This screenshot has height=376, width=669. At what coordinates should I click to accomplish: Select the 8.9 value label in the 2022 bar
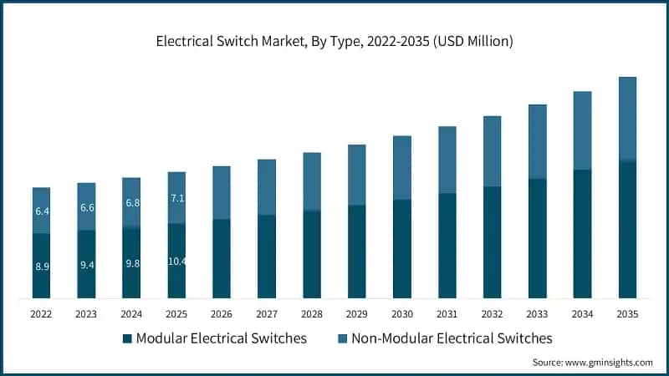click(x=41, y=267)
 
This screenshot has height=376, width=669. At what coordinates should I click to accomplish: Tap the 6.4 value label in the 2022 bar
click(x=41, y=211)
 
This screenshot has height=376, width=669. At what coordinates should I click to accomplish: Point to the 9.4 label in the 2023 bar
click(x=86, y=265)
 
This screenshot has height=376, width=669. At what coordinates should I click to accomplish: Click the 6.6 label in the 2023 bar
click(x=86, y=207)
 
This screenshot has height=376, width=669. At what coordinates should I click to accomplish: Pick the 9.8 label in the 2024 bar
click(x=131, y=263)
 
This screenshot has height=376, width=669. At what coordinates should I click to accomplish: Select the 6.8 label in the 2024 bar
click(x=131, y=203)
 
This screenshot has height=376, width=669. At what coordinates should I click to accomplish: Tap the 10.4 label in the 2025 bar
click(x=176, y=262)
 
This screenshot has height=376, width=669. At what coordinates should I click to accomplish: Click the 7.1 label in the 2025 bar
click(x=176, y=198)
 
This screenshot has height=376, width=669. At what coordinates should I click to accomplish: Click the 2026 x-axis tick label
click(x=222, y=313)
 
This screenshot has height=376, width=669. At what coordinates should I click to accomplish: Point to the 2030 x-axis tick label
click(x=401, y=313)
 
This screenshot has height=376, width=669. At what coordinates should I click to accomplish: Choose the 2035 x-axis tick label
click(x=627, y=313)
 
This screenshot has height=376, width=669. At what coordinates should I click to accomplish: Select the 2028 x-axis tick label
click(x=311, y=313)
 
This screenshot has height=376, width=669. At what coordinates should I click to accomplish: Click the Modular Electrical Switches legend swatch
click(x=127, y=338)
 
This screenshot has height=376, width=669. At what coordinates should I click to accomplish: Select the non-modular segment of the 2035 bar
click(x=627, y=118)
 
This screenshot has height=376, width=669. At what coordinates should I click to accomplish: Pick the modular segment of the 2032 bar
click(x=492, y=242)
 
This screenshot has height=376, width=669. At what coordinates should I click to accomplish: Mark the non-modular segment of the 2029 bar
click(x=356, y=175)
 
